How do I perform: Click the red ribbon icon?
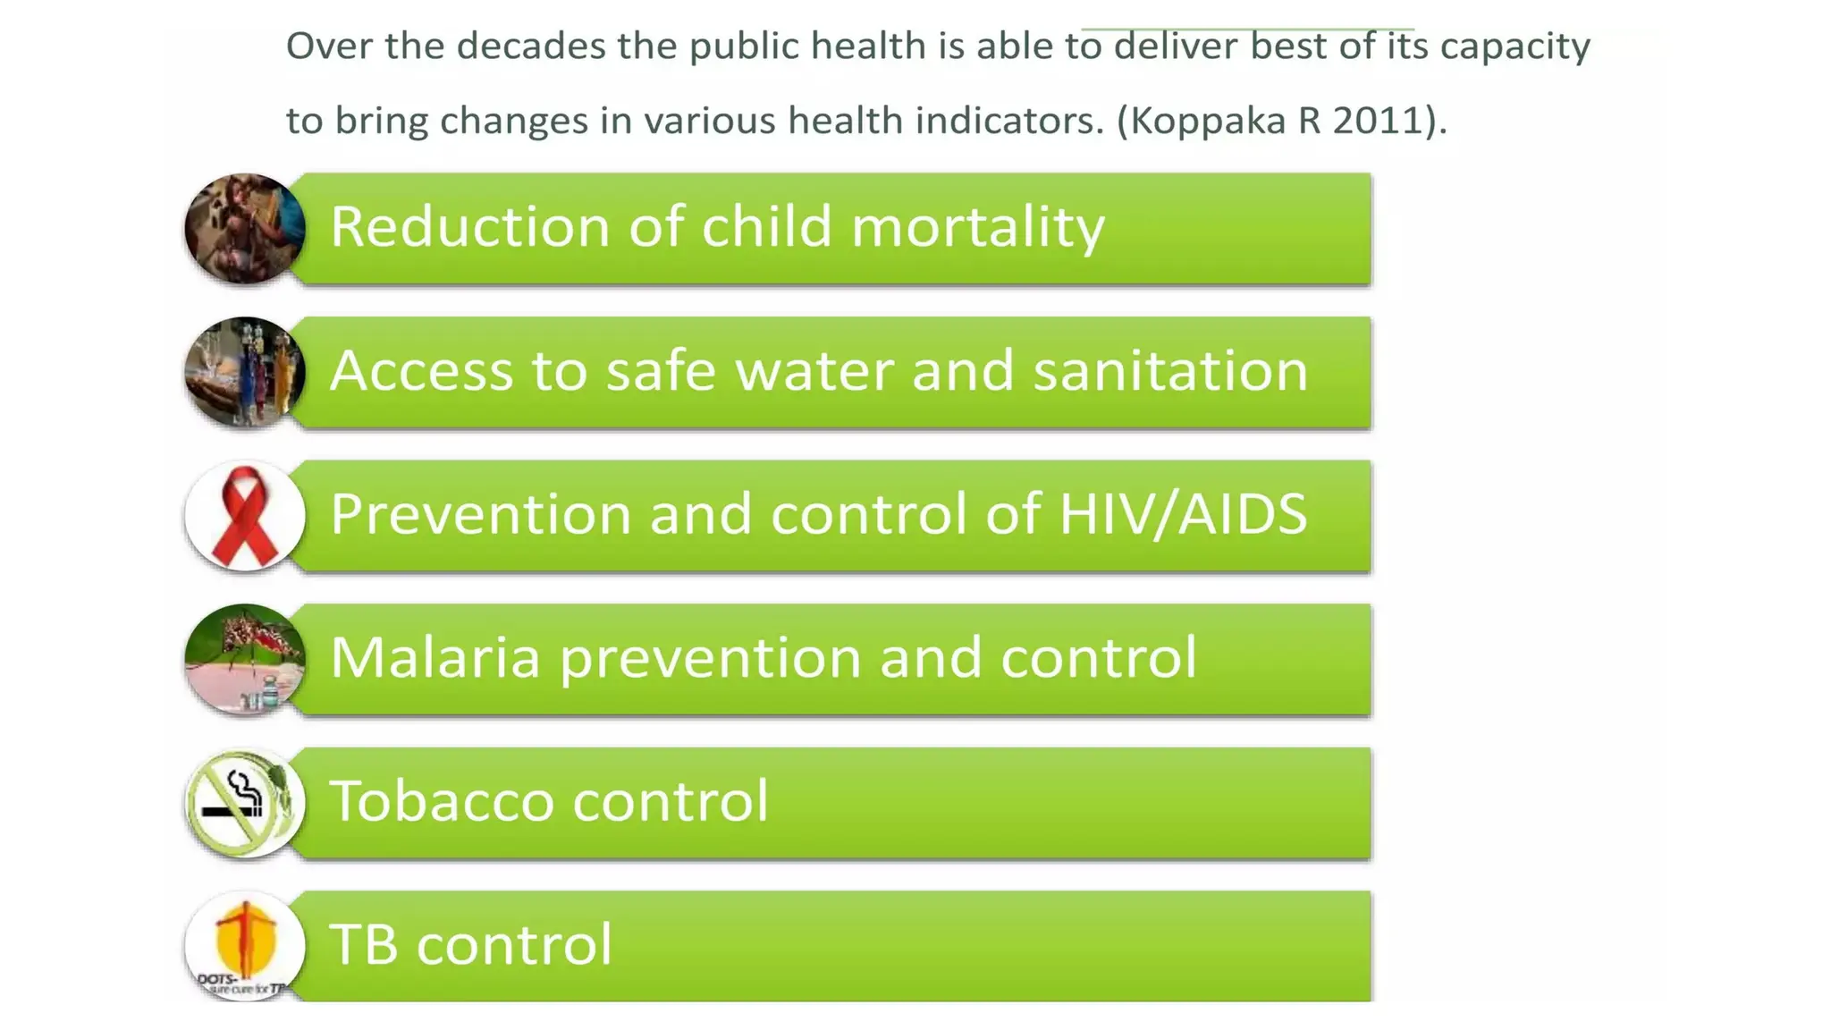[244, 517]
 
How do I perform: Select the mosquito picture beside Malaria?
[244, 660]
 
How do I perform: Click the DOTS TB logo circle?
[244, 946]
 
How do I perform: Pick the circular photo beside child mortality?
[244, 229]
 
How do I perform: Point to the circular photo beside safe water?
[244, 372]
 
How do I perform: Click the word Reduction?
[470, 226]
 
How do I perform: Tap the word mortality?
[978, 226]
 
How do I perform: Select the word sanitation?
[1170, 370]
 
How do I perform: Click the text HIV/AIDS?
[1182, 514]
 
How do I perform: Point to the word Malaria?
[435, 657]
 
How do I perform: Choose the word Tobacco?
[442, 800]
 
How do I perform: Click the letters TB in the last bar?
[363, 944]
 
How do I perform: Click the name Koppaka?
[1208, 121]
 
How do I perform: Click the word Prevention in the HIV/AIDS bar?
[481, 514]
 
